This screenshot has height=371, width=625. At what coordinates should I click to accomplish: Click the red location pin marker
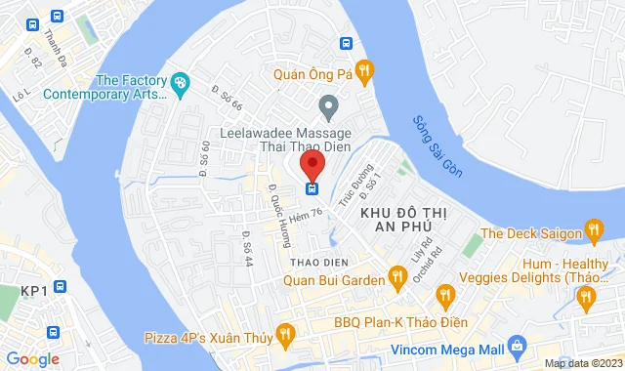coord(312,164)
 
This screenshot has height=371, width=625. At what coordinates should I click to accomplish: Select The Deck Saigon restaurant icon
coord(593,232)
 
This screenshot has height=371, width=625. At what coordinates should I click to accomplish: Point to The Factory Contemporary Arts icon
coord(180,84)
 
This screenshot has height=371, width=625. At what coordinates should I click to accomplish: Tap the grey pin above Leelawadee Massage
coord(329,104)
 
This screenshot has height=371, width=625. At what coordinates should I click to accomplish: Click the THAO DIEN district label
coord(313,263)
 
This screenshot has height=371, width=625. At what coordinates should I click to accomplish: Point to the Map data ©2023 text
coord(583,363)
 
